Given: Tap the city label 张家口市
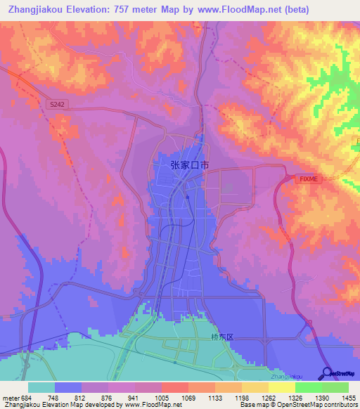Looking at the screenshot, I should [189, 165].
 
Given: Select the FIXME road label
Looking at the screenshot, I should [309, 179].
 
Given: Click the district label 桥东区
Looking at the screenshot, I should [221, 337].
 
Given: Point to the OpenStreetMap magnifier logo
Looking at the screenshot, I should [327, 373].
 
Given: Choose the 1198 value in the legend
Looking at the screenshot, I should [231, 398].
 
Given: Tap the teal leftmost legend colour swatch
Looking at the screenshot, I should [41, 387].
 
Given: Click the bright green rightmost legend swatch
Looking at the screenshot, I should [335, 387].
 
